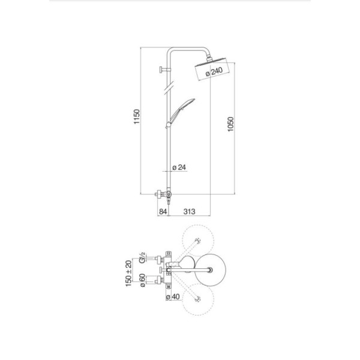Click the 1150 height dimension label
tap(137, 116)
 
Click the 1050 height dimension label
tap(230, 124)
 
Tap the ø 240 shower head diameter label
tap(214, 71)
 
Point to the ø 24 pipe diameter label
tap(179, 167)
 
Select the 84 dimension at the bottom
tap(163, 211)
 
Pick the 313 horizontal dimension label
tap(190, 211)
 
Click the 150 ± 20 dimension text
tap(129, 273)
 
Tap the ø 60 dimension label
tap(142, 281)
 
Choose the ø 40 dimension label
tap(173, 296)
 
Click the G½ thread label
tap(142, 257)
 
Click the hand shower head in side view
tap(182, 110)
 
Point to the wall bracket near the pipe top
tap(165, 70)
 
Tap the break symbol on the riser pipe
tap(169, 88)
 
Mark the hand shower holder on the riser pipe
tap(169, 125)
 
